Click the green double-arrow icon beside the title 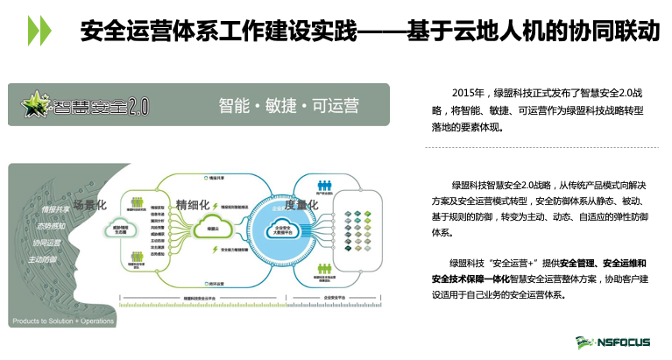click(x=39, y=32)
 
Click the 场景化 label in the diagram click(x=89, y=204)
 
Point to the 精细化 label click(x=193, y=204)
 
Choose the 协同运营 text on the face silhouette click(x=47, y=242)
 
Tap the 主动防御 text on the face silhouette click(x=41, y=259)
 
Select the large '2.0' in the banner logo click(x=138, y=107)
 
